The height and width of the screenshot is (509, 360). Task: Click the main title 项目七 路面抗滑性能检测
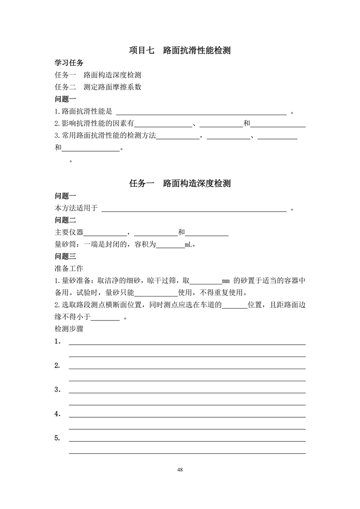pos(180,50)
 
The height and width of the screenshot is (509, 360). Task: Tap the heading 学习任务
pos(69,63)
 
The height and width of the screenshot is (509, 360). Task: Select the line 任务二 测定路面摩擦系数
pos(98,87)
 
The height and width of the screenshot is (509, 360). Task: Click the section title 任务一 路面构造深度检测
pos(180,184)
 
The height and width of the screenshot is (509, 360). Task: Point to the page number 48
pos(180,470)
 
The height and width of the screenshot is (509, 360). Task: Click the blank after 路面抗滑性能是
pos(201,113)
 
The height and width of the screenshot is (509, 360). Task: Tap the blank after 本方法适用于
pos(194,208)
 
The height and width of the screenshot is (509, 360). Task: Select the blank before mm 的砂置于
pos(206,281)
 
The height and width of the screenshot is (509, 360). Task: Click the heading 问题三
pos(65,257)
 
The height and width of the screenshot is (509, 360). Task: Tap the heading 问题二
pos(65,221)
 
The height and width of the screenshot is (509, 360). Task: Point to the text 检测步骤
pos(69,329)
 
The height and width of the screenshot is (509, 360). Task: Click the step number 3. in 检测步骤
pos(58,390)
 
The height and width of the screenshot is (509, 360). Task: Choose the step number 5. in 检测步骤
pos(58,438)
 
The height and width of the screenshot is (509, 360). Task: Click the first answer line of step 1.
pos(187,343)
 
